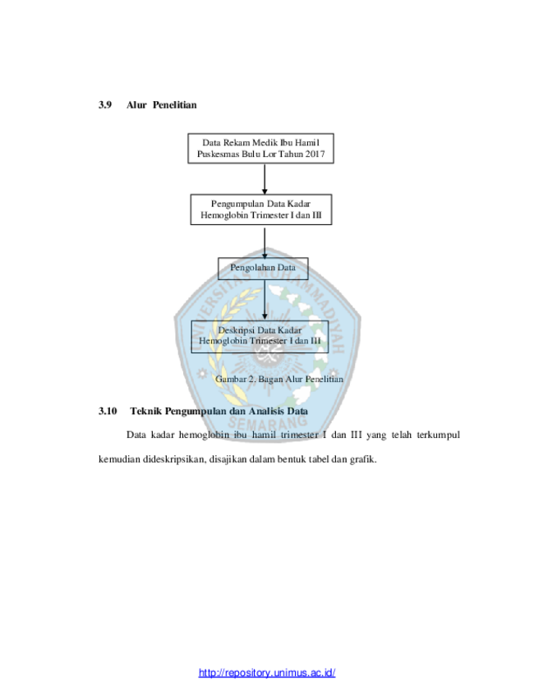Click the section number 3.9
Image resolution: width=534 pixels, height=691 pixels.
[x=105, y=105]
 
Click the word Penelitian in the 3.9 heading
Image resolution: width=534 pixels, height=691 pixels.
[x=174, y=105]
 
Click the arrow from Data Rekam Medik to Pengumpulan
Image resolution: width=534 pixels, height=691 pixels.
[x=265, y=179]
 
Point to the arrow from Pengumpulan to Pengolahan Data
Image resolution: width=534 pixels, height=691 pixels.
[x=265, y=242]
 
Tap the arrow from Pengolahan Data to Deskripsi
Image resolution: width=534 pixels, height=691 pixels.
[x=265, y=300]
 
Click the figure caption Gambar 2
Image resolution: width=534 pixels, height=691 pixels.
[x=279, y=379]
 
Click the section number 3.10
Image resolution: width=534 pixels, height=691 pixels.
[x=108, y=411]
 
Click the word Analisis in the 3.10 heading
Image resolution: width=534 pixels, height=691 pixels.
[x=266, y=411]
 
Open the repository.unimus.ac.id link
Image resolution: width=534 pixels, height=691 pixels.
[x=267, y=672]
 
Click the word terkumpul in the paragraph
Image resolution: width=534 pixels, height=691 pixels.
[x=439, y=435]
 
